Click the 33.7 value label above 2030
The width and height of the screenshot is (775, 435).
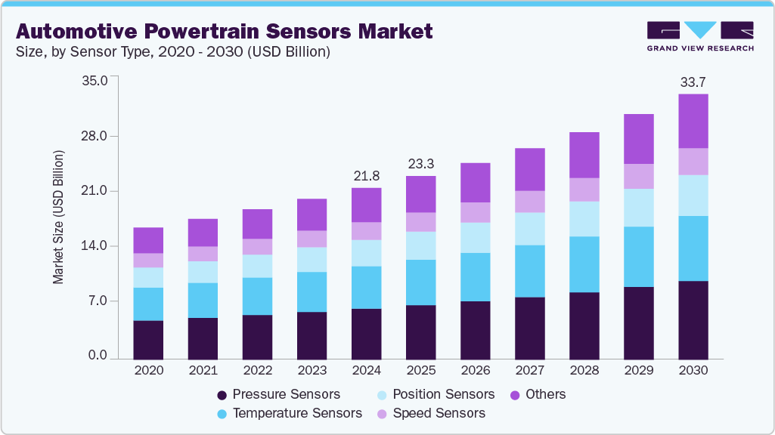693,82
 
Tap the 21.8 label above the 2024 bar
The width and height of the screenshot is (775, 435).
367,175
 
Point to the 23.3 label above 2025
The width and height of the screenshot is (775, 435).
421,163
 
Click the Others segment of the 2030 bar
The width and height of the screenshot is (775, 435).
693,121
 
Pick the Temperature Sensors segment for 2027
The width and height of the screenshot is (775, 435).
530,271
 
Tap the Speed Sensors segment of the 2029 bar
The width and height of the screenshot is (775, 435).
639,176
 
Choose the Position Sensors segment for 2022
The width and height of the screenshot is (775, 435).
258,266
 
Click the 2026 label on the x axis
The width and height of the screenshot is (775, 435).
476,371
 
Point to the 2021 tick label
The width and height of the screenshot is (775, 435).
203,371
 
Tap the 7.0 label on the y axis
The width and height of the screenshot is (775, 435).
98,301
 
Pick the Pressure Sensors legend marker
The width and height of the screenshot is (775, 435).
222,395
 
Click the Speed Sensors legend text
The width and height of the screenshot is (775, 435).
439,413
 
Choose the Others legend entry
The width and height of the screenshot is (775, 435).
538,394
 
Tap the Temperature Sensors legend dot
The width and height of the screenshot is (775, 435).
222,414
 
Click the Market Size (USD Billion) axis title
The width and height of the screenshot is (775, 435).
58,217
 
